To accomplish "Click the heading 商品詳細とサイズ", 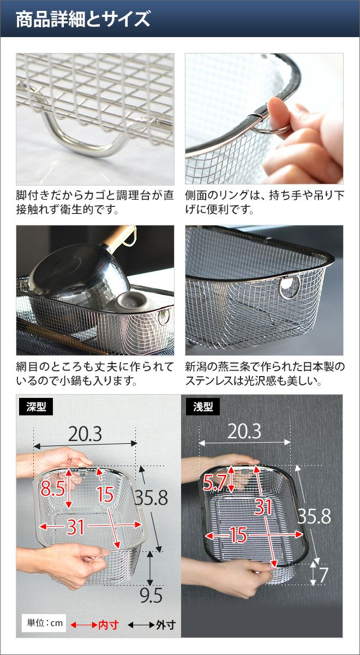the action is coord(83,19).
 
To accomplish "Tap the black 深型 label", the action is coord(36,407).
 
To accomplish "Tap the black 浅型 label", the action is coord(203,407).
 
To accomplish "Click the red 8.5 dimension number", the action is coord(53,488).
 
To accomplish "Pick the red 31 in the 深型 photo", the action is coord(75,527).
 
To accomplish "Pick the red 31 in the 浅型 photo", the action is coord(263,507).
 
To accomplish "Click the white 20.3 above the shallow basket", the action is coord(244,431).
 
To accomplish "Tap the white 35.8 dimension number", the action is coord(314,516).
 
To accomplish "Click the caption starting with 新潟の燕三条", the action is coord(265,374).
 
